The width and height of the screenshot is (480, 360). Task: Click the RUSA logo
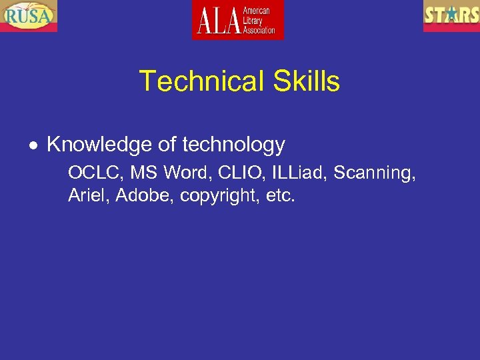(29, 16)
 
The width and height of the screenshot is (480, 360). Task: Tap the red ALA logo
(238, 20)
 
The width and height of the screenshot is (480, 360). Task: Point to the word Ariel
(87, 196)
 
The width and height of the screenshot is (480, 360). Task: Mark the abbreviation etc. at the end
(279, 196)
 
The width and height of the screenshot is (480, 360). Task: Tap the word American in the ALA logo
(257, 11)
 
